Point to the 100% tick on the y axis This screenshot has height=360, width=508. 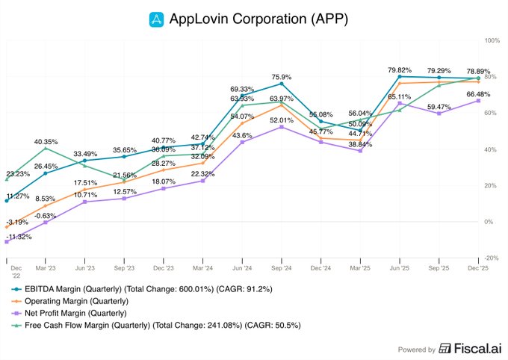(492, 40)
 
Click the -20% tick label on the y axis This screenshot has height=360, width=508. (492, 258)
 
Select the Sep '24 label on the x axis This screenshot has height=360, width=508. (282, 267)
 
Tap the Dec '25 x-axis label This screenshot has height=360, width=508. (478, 267)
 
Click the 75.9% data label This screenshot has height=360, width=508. (282, 76)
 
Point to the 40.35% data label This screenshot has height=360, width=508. (46, 141)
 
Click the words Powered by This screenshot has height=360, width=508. (415, 349)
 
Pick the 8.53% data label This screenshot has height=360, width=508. (46, 199)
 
